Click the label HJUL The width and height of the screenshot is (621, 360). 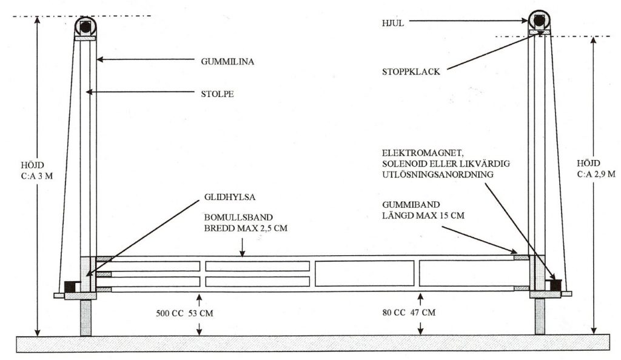[393, 24]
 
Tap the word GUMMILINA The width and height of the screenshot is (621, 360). [227, 62]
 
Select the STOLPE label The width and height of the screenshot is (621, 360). [218, 94]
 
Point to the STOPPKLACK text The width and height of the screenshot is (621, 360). [411, 72]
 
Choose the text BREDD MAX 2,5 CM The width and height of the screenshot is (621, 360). [246, 228]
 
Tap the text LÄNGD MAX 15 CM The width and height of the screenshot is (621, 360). [423, 216]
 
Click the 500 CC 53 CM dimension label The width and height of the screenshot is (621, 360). [184, 313]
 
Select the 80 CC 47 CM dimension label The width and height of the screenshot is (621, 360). [409, 313]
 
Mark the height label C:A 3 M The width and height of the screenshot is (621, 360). [37, 176]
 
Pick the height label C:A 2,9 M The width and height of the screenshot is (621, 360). [596, 174]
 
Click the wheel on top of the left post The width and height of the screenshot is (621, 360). [86, 27]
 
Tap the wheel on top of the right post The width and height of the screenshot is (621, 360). [539, 21]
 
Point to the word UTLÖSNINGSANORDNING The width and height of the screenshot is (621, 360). [438, 175]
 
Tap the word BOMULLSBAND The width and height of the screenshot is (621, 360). [238, 218]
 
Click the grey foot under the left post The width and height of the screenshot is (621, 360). [86, 318]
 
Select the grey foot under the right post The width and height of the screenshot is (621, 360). [540, 316]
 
